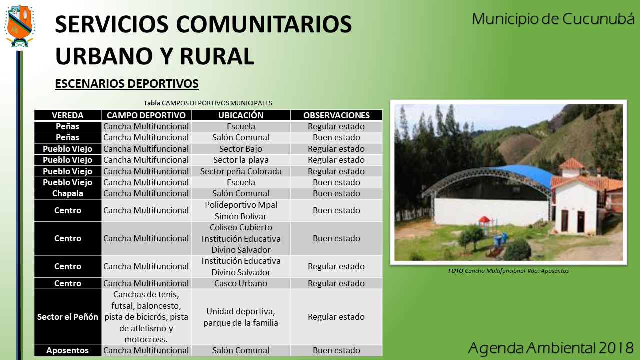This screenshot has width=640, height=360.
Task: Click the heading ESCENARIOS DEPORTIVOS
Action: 127,84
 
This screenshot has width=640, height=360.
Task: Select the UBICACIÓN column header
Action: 241,115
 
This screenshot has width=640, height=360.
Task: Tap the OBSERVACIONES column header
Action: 336,115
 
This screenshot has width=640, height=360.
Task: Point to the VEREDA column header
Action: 67,115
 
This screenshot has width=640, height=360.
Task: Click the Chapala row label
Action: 67,193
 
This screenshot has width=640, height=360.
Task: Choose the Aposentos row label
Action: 67,350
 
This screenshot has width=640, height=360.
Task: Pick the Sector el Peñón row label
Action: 67,317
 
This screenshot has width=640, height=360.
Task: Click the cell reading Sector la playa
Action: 241,160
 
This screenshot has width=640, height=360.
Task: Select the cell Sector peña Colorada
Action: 241,171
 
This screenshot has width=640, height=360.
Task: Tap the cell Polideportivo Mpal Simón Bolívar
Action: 241,211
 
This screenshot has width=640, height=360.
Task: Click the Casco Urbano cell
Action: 241,283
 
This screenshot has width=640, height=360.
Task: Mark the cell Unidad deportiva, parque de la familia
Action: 241,317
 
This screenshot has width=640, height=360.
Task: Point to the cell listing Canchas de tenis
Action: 146,317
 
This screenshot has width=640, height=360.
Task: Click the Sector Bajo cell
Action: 241,149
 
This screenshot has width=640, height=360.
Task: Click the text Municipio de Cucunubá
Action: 553,19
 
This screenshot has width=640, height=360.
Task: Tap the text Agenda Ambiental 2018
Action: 551,348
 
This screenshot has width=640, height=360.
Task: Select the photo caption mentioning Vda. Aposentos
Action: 508,271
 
